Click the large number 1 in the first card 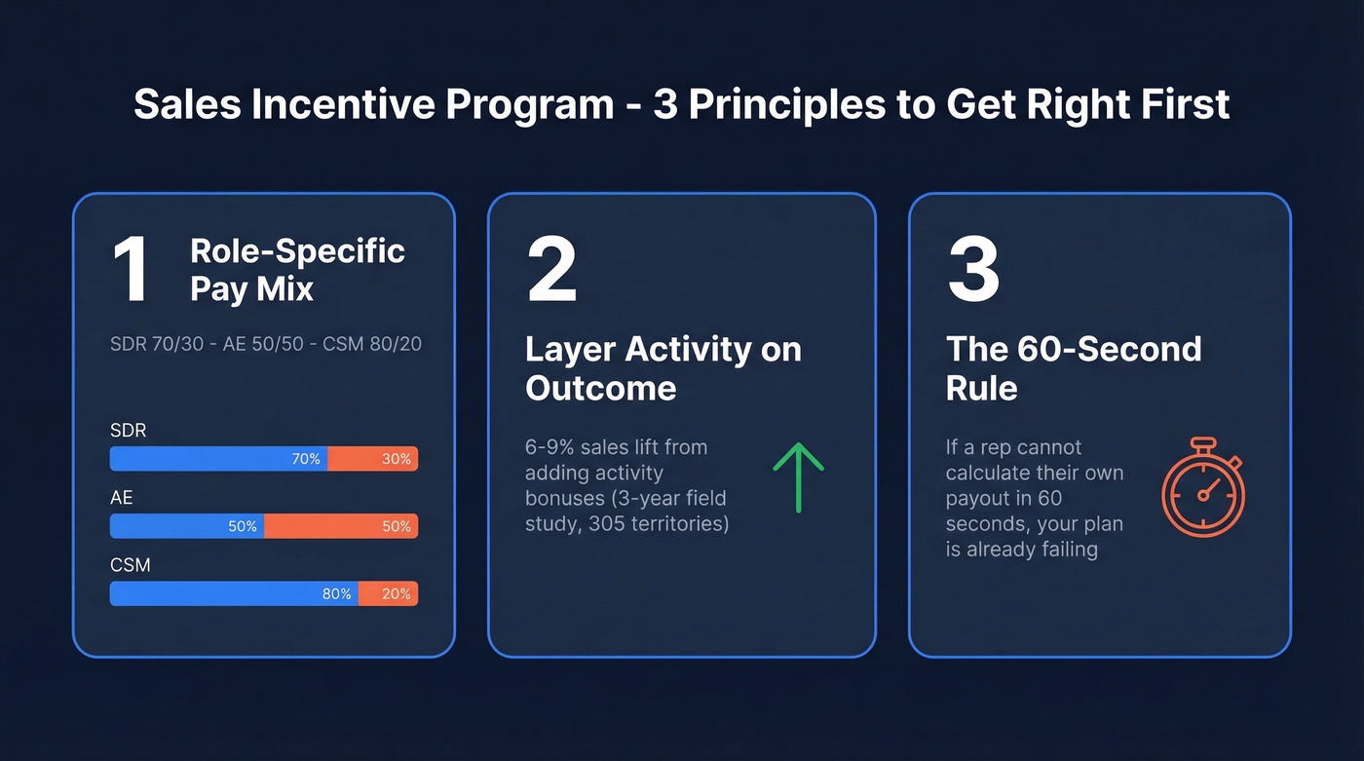pyautogui.click(x=131, y=270)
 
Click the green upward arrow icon pyautogui.click(x=798, y=476)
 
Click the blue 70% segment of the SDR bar pyautogui.click(x=218, y=459)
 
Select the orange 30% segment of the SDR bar pyautogui.click(x=372, y=459)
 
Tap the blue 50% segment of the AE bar pyautogui.click(x=187, y=526)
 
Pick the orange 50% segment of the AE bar pyautogui.click(x=341, y=526)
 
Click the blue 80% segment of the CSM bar pyautogui.click(x=234, y=593)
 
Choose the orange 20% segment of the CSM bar pyautogui.click(x=388, y=593)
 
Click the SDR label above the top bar pyautogui.click(x=128, y=430)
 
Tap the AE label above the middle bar pyautogui.click(x=122, y=498)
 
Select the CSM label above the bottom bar pyautogui.click(x=130, y=565)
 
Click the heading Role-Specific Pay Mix pyautogui.click(x=296, y=270)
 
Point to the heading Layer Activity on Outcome pyautogui.click(x=663, y=368)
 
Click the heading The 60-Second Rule pyautogui.click(x=1073, y=368)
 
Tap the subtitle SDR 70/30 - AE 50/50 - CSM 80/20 pyautogui.click(x=266, y=344)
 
